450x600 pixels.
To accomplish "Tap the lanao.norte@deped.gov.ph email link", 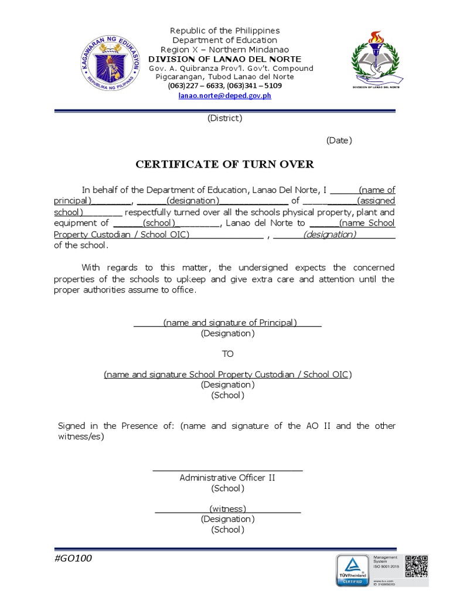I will [224, 96].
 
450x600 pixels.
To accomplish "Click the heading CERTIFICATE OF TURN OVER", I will [225, 164].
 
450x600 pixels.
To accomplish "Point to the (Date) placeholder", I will [339, 140].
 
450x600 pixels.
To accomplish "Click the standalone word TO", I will [227, 354].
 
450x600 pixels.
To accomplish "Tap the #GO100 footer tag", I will [73, 558].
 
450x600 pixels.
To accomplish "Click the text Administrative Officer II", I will [227, 478].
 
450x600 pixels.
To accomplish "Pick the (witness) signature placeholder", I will [227, 509].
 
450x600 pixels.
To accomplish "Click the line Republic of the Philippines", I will [225, 30].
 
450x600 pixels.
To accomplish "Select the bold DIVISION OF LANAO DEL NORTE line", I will [225, 59].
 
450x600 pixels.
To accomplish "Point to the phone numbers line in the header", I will [225, 86].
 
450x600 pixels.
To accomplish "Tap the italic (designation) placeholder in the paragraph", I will [329, 234].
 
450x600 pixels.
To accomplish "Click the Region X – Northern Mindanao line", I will [225, 50].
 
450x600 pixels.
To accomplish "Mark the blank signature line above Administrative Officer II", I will [227, 469].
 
